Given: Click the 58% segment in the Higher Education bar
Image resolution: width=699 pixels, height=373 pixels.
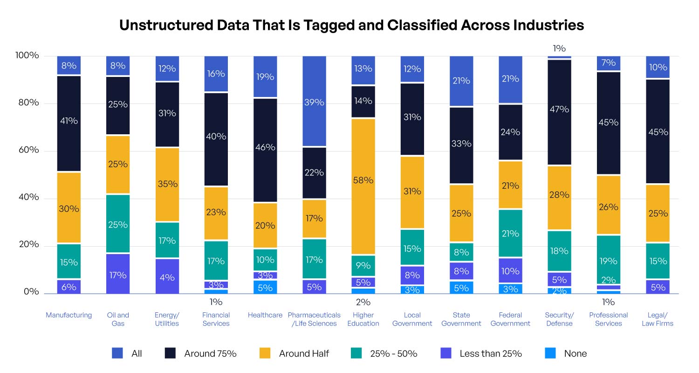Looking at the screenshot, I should (x=363, y=186).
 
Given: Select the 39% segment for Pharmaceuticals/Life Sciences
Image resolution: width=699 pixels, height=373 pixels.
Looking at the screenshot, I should (x=315, y=101).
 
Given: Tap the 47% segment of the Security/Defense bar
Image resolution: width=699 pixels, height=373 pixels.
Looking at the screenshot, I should (x=559, y=112).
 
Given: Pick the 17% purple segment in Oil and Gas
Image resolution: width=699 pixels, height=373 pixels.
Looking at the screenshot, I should (x=118, y=274).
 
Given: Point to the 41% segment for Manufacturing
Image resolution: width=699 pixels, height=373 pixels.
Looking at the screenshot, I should (x=69, y=123).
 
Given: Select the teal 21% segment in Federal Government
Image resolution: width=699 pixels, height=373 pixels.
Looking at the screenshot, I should (x=510, y=233).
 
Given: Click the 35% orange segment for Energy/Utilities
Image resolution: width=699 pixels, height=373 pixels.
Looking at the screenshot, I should (x=167, y=184).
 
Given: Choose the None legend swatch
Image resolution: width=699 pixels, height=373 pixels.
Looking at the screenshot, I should (x=550, y=353).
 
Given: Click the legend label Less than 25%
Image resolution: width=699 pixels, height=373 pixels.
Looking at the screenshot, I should (x=490, y=353).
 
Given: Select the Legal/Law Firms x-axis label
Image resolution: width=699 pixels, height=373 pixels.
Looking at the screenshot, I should (x=657, y=319).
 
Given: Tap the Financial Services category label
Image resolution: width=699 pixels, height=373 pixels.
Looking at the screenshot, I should (x=216, y=319).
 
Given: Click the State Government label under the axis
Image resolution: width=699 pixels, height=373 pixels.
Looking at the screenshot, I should (x=461, y=319).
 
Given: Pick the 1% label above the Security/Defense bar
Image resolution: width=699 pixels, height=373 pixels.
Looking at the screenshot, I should (x=559, y=48).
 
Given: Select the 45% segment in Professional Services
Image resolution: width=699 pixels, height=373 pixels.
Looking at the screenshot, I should (x=608, y=122).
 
